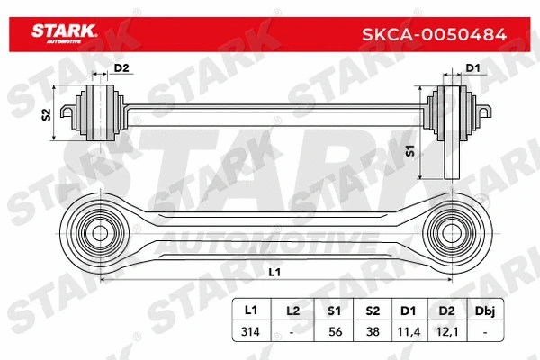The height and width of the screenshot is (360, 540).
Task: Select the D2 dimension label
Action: point(122,68)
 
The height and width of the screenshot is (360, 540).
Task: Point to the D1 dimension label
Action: point(471,68)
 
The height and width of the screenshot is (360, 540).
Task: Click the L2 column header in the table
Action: point(292,310)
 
